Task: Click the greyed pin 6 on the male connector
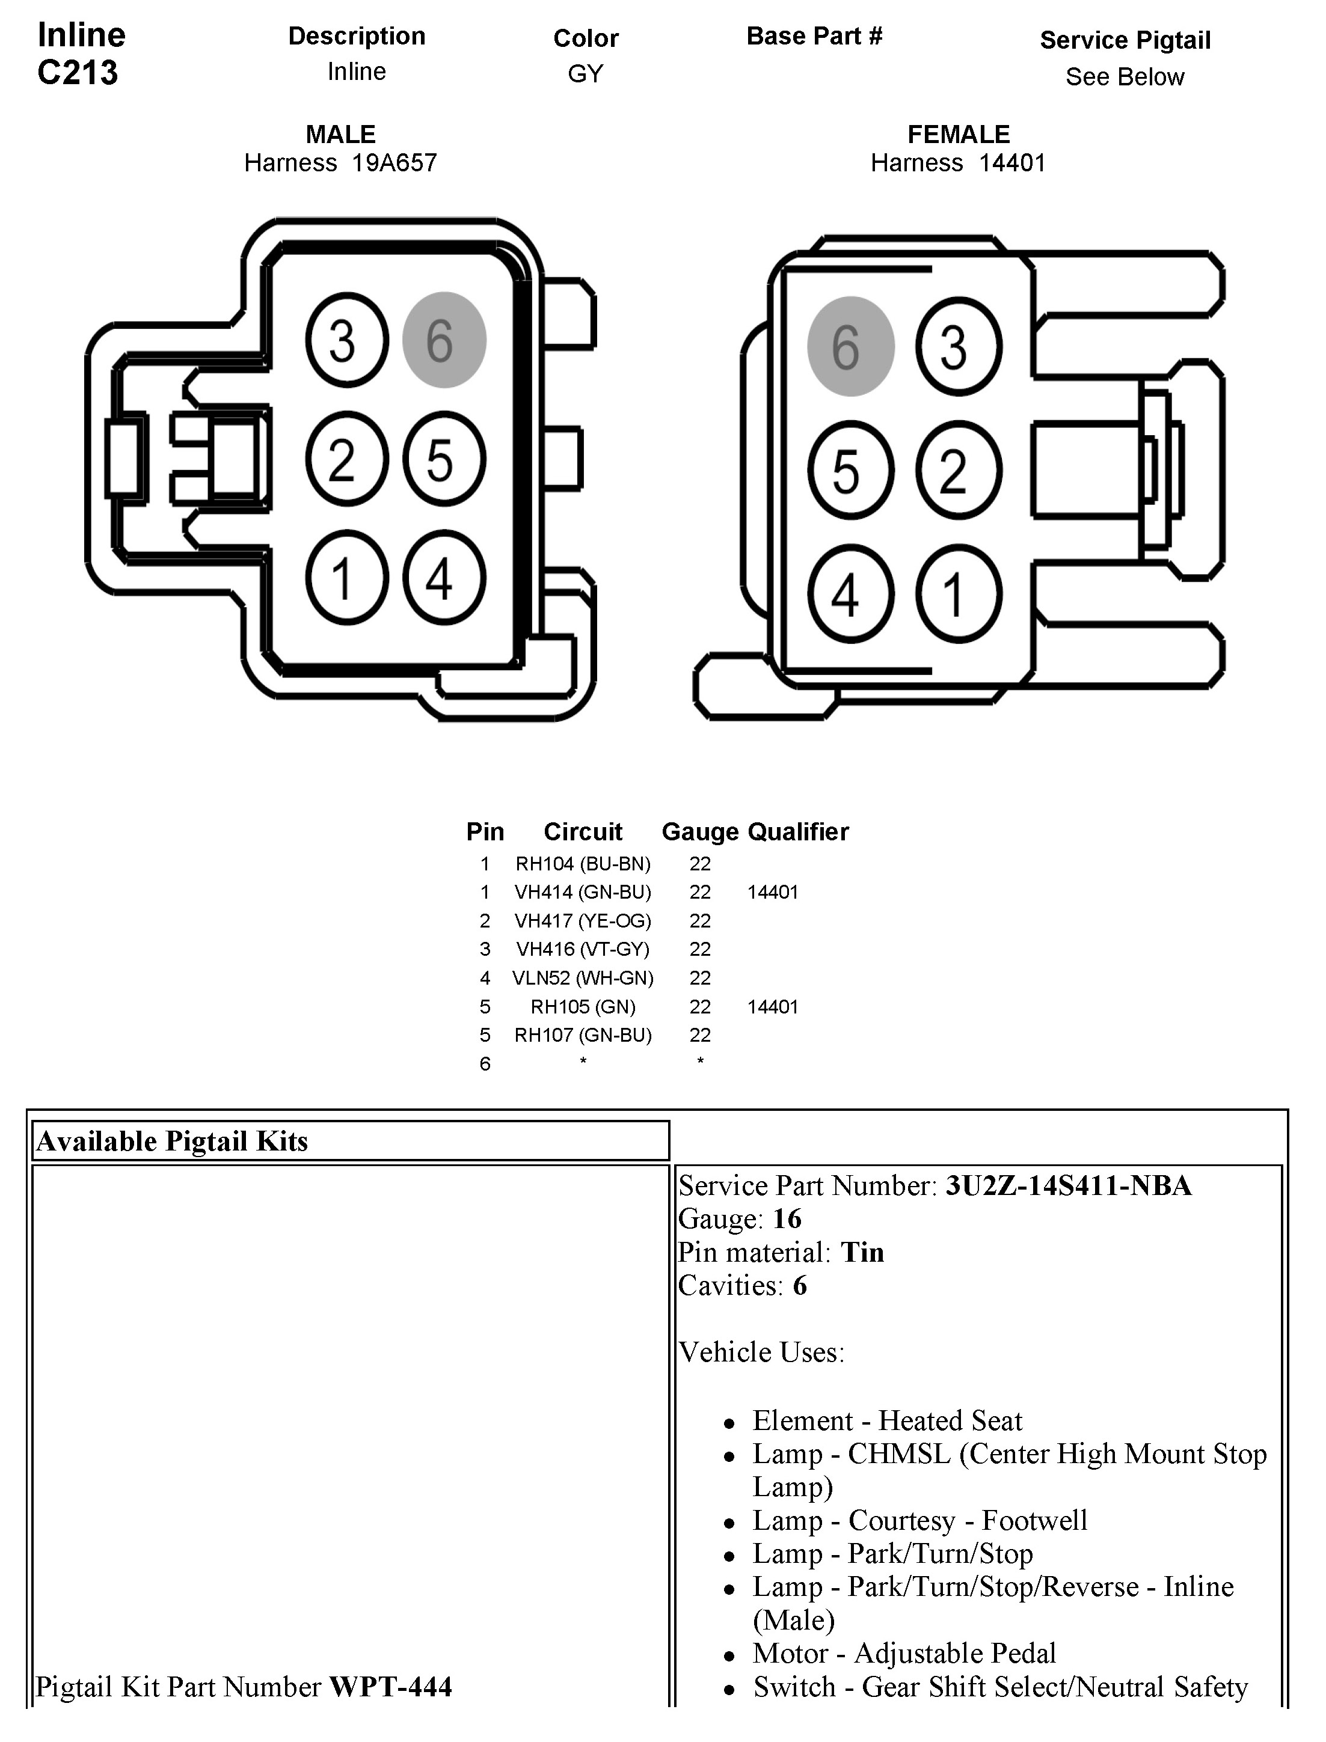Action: pyautogui.click(x=444, y=340)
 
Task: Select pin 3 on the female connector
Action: pyautogui.click(x=958, y=346)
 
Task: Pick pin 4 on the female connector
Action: pyautogui.click(x=850, y=594)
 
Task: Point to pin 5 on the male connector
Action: pyautogui.click(x=444, y=459)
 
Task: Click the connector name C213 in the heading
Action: pyautogui.click(x=78, y=73)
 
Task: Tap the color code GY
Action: pyautogui.click(x=585, y=73)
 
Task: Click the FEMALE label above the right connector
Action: pyautogui.click(x=958, y=134)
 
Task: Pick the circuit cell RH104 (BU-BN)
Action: pyautogui.click(x=583, y=864)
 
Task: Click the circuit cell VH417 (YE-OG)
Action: pyautogui.click(x=583, y=921)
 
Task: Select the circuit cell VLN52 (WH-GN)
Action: pyautogui.click(x=583, y=979)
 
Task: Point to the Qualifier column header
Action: pyautogui.click(x=798, y=831)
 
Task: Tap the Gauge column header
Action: pyautogui.click(x=699, y=831)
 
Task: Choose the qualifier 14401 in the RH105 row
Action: pyautogui.click(x=773, y=1007)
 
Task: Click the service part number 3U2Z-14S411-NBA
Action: pyautogui.click(x=1068, y=1186)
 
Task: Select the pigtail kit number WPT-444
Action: pyautogui.click(x=391, y=1687)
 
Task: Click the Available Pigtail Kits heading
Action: pyautogui.click(x=172, y=1141)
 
